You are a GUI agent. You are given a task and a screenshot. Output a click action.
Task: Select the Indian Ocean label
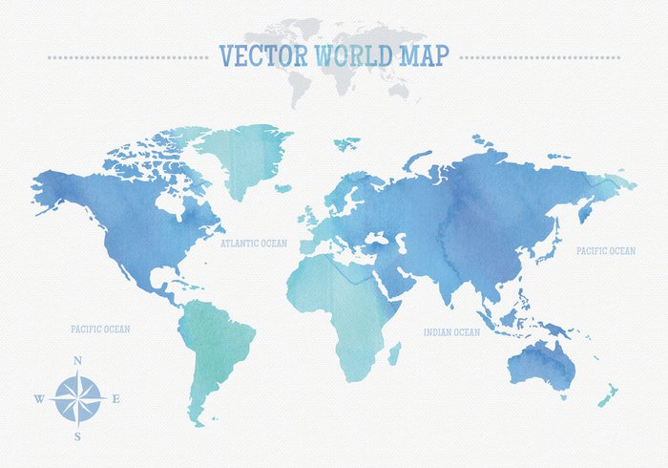click(x=452, y=332)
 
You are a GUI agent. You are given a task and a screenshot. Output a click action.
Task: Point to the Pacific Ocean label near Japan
click(x=605, y=251)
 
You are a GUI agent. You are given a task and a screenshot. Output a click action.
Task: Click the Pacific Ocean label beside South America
click(x=100, y=329)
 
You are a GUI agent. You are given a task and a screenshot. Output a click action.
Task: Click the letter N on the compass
click(x=77, y=360)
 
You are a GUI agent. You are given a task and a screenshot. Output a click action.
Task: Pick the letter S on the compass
click(x=77, y=436)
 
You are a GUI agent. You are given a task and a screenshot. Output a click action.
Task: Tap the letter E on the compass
click(x=115, y=399)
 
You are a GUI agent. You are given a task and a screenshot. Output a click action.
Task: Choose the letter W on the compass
click(x=39, y=399)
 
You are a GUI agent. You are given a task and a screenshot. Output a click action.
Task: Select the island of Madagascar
click(x=393, y=354)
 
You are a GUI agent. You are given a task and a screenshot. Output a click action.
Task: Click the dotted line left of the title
click(x=129, y=57)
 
